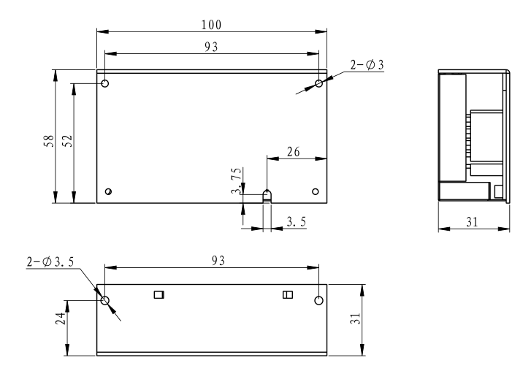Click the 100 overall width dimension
(213, 24)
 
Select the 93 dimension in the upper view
(212, 46)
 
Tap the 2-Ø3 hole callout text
(367, 65)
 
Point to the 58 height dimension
(46, 137)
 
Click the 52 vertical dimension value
(65, 139)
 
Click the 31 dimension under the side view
(473, 222)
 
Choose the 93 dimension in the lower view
(213, 261)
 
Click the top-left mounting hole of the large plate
(105, 84)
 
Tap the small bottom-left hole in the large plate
(108, 191)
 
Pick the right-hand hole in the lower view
(318, 300)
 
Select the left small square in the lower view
(159, 295)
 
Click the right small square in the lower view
(287, 295)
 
